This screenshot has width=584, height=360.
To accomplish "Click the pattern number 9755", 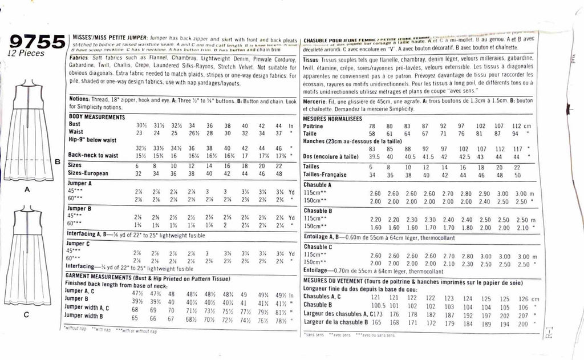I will pyautogui.click(x=36, y=42).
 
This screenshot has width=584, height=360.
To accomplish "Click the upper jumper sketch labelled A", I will pyautogui.click(x=29, y=132).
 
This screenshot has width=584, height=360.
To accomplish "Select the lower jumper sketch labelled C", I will pyautogui.click(x=29, y=257).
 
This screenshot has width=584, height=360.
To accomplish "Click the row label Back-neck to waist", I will pyautogui.click(x=92, y=155).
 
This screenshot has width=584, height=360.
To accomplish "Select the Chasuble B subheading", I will pyautogui.click(x=318, y=211).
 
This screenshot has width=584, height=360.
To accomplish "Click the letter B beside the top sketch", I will pyautogui.click(x=56, y=162).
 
